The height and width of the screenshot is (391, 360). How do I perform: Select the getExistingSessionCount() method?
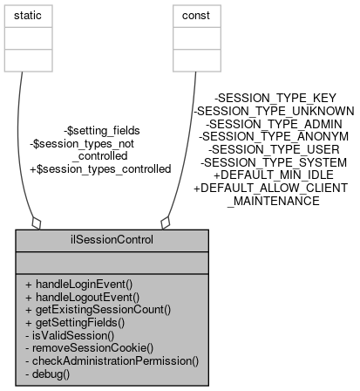[97, 309]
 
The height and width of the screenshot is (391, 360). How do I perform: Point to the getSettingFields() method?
[76, 321]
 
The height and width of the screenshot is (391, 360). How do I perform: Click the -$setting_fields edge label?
[102, 130]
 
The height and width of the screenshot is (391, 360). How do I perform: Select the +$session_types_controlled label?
[100, 168]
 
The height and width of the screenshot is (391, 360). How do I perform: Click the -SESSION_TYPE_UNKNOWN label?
[274, 111]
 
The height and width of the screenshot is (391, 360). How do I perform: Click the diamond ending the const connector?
[166, 222]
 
